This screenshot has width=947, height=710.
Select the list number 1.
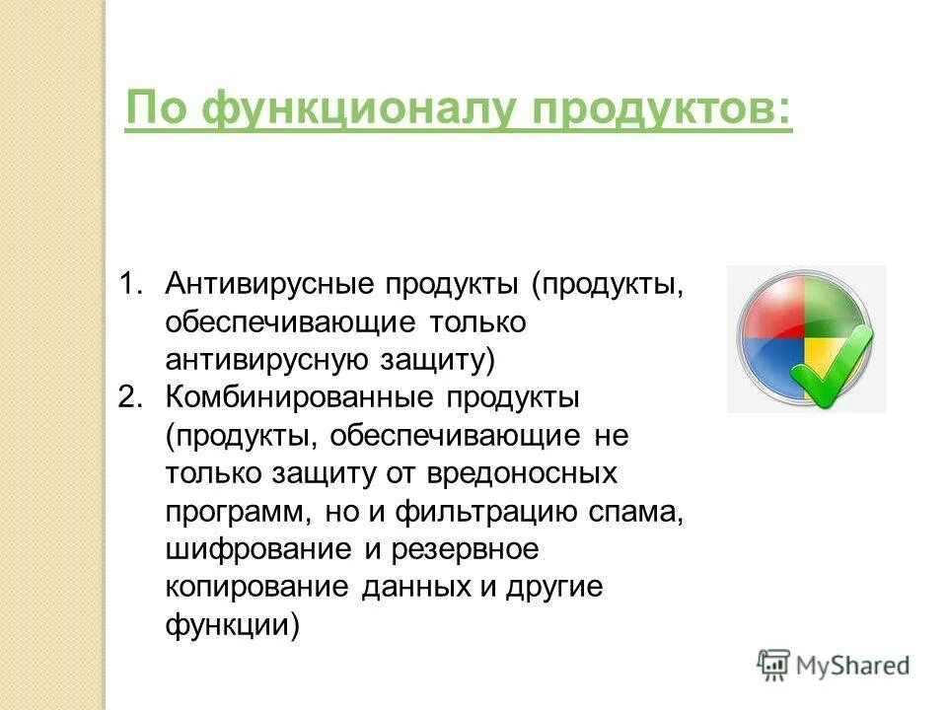pyautogui.click(x=130, y=284)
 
